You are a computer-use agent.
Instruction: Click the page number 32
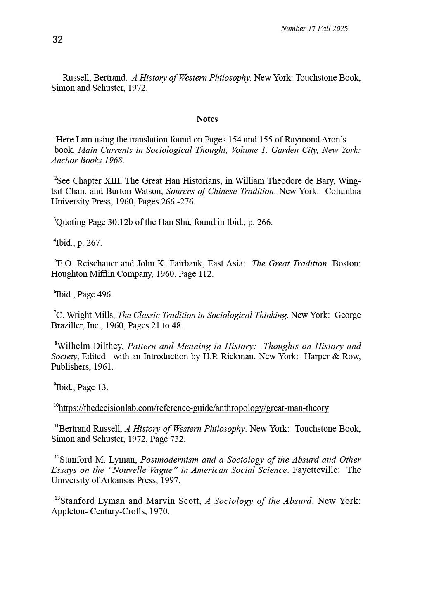pos(57,40)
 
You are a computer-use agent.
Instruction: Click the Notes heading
pos(207,119)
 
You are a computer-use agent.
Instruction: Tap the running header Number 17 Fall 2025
pos(314,28)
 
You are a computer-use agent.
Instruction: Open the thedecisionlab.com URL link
pos(194,408)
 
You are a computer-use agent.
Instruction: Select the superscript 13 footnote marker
pos(57,498)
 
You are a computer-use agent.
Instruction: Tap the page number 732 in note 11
pos(177,439)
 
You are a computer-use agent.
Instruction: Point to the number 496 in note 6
pos(104,294)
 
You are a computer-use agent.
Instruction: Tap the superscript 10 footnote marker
pos(56,406)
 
